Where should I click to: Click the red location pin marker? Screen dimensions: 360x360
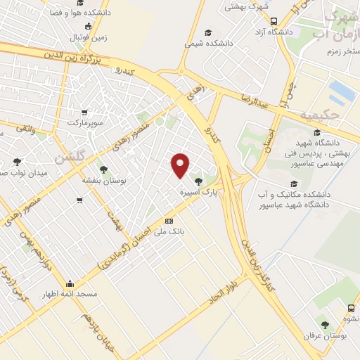click(181, 165)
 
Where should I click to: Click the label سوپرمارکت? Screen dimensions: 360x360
click(85, 122)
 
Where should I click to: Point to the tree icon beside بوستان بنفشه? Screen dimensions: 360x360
click(103, 169)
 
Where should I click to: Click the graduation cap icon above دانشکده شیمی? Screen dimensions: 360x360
click(207, 32)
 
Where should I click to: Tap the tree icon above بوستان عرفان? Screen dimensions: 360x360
click(324, 324)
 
